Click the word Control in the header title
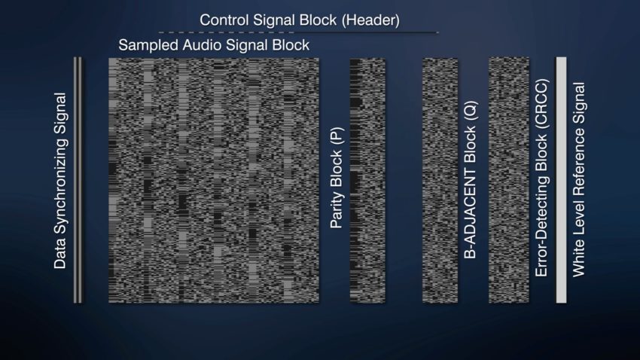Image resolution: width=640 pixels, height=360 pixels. (224, 20)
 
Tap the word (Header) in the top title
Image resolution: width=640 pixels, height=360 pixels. (370, 20)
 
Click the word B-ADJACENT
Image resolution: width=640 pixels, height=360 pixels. (470, 212)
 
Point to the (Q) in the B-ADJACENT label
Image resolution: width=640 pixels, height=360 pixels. (471, 111)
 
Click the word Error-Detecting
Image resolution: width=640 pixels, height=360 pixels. (541, 226)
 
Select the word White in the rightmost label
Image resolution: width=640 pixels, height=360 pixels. (579, 261)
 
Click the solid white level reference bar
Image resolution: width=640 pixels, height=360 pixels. (561, 180)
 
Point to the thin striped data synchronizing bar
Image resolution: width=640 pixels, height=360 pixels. (78, 180)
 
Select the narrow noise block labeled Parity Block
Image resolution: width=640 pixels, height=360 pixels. (367, 181)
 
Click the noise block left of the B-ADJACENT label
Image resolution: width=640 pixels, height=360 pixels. (440, 181)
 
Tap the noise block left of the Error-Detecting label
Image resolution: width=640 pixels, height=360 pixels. (509, 180)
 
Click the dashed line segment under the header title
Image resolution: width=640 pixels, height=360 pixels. (227, 32)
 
